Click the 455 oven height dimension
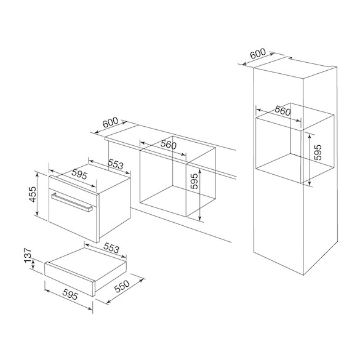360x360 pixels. [33, 194]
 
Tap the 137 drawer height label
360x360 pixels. [28, 255]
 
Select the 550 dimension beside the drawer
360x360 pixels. [122, 287]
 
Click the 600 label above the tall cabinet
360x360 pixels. [258, 54]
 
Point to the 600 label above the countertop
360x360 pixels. [110, 122]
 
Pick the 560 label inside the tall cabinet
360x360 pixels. [282, 111]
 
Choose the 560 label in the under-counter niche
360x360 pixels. [168, 145]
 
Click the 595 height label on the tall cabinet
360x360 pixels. [318, 152]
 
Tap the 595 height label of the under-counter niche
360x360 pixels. [194, 181]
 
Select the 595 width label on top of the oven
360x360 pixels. [79, 174]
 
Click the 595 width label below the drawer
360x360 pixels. [70, 295]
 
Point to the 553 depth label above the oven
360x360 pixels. [116, 164]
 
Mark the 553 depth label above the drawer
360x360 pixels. [111, 248]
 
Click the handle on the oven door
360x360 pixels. [72, 202]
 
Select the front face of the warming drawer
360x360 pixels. [70, 279]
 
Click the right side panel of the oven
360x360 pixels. [114, 208]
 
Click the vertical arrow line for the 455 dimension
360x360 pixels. [37, 194]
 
